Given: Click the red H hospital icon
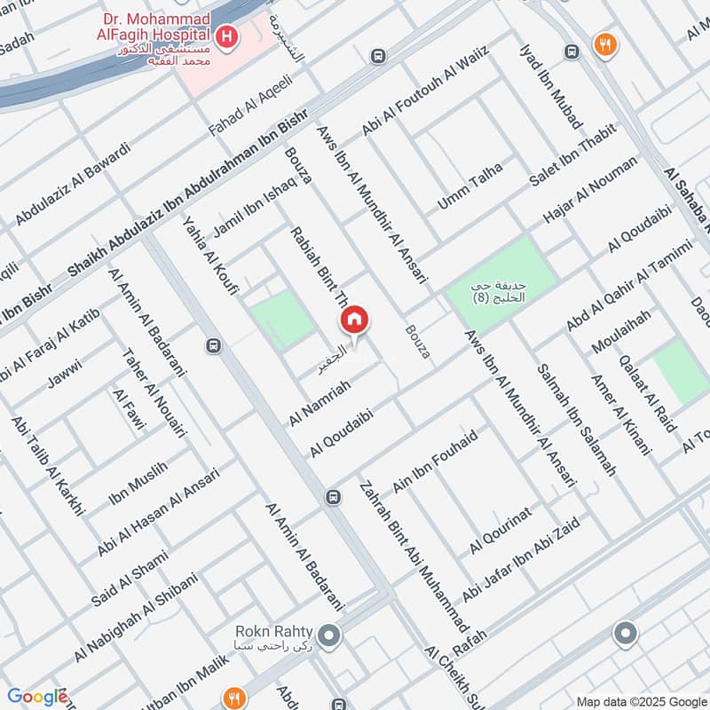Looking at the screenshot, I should (228, 36).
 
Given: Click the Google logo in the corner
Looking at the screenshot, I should (36, 697).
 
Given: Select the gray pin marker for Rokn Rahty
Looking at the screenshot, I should (329, 635).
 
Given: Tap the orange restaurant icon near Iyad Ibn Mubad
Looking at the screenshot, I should (605, 45).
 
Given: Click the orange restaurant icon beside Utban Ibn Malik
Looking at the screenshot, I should (235, 698).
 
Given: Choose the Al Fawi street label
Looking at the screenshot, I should (129, 410).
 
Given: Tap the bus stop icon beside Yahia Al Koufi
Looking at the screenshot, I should (213, 345).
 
